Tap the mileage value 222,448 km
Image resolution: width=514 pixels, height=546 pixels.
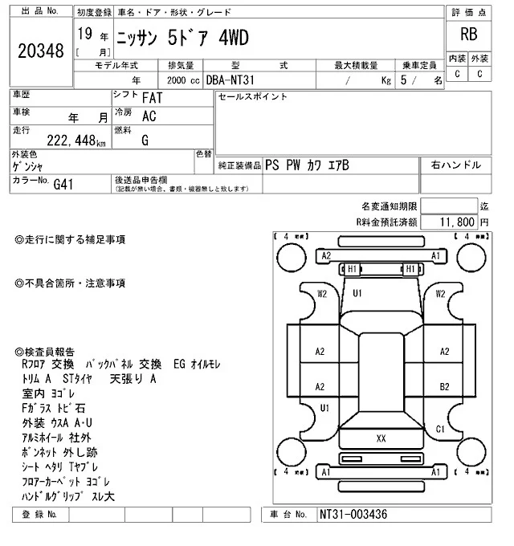pos(71,141)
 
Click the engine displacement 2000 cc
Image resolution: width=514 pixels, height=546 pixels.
pos(182,81)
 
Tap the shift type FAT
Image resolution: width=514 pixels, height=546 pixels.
pos(150,98)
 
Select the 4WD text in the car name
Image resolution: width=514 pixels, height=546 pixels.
pos(230,39)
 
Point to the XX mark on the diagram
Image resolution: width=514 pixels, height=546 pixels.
pos(381,438)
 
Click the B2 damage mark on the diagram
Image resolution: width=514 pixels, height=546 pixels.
pos(443,386)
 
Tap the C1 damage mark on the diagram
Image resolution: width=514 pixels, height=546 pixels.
pos(440,429)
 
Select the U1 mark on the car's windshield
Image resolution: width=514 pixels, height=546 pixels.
pos(358,293)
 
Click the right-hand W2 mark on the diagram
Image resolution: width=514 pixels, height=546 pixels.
pos(440,293)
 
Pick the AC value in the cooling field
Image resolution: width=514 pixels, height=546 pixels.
pos(149,116)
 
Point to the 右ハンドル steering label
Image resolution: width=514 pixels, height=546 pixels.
pos(456,165)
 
